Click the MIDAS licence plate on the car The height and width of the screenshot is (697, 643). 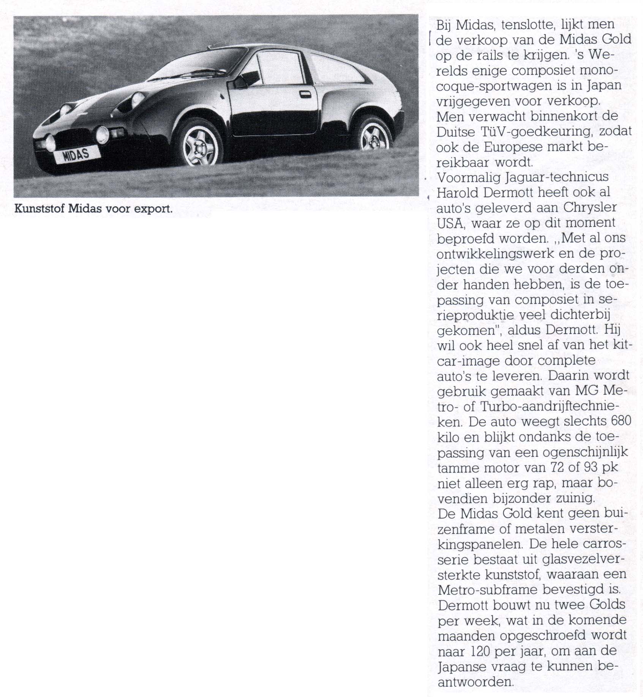(76, 154)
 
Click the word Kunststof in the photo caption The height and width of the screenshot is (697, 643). (39, 209)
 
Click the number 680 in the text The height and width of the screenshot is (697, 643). (621, 421)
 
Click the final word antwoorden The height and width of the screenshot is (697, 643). (476, 682)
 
